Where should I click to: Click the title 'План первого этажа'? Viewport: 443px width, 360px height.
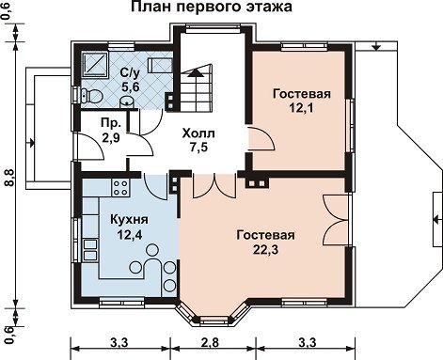click(x=211, y=7)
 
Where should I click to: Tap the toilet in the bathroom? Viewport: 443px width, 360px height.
click(x=91, y=96)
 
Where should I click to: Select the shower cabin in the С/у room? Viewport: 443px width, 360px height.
click(x=95, y=64)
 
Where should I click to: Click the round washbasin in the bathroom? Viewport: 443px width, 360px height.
click(x=126, y=102)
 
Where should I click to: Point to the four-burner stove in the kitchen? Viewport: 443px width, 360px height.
click(x=120, y=187)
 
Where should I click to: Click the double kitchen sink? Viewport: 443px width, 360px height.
click(x=90, y=249)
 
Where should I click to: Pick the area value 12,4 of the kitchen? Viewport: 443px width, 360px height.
click(x=130, y=234)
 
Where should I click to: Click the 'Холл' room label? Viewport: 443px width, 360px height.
click(x=198, y=133)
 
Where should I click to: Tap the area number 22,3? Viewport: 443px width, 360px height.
click(x=265, y=249)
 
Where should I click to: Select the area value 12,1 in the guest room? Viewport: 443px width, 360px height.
click(x=302, y=108)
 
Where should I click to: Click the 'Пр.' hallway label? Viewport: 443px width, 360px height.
click(x=111, y=123)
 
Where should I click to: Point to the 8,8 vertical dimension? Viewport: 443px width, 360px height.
click(x=9, y=178)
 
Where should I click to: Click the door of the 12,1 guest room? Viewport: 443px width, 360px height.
click(x=261, y=140)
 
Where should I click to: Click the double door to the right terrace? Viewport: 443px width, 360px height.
click(x=336, y=219)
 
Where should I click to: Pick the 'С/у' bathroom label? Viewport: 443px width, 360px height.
click(x=130, y=72)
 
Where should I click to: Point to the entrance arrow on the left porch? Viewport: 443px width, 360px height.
click(x=31, y=144)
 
